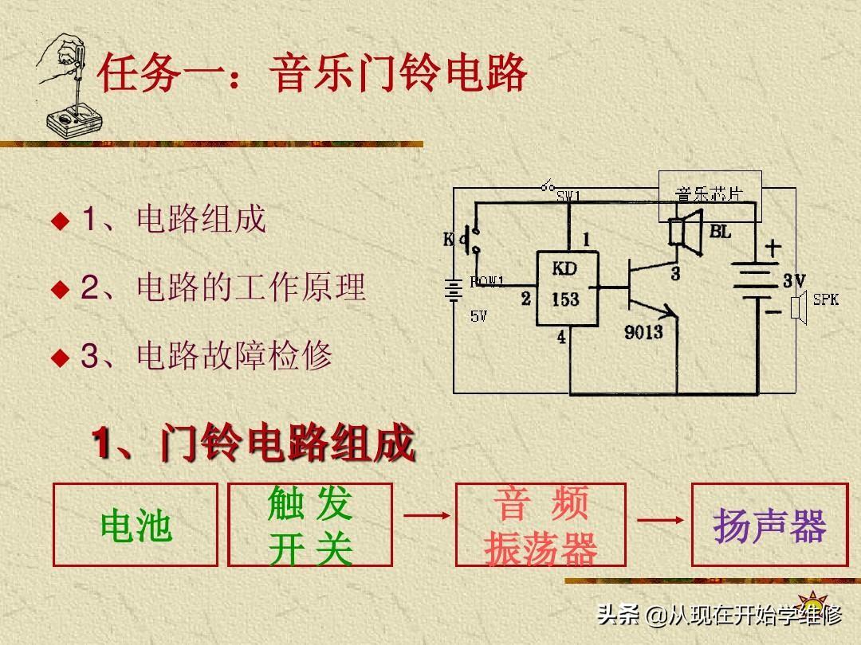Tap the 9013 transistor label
click(643, 331)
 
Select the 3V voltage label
click(793, 280)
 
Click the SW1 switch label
click(569, 196)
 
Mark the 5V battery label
click(478, 316)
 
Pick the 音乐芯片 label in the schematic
click(709, 193)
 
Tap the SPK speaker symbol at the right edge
click(798, 307)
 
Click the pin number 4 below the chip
click(561, 338)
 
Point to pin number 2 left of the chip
click(525, 299)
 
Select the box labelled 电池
click(136, 525)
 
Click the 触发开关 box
click(310, 525)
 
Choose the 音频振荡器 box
click(541, 525)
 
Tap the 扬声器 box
click(769, 525)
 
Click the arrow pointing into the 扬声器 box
click(661, 520)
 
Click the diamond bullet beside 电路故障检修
click(61, 358)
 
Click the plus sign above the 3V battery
click(773, 248)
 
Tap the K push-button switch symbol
click(474, 241)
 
